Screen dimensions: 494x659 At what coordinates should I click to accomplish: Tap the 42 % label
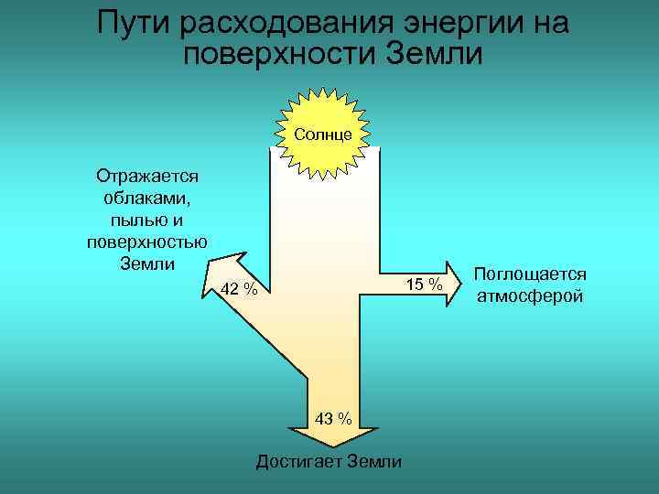(239, 290)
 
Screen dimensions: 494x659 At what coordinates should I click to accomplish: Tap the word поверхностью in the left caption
(146, 242)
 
